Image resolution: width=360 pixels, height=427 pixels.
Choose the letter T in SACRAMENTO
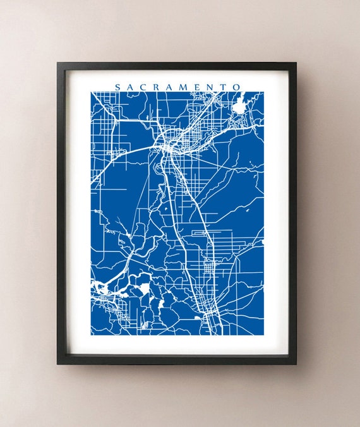224,87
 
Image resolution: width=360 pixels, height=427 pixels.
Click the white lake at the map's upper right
240,106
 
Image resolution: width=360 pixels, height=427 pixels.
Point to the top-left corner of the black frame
57,63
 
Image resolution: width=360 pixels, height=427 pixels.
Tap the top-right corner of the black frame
296,63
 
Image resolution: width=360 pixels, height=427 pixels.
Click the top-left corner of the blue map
91,92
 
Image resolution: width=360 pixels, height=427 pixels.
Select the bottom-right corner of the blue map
263,335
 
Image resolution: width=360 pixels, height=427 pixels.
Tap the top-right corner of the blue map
263,92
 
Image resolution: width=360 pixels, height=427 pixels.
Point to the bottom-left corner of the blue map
91,335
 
